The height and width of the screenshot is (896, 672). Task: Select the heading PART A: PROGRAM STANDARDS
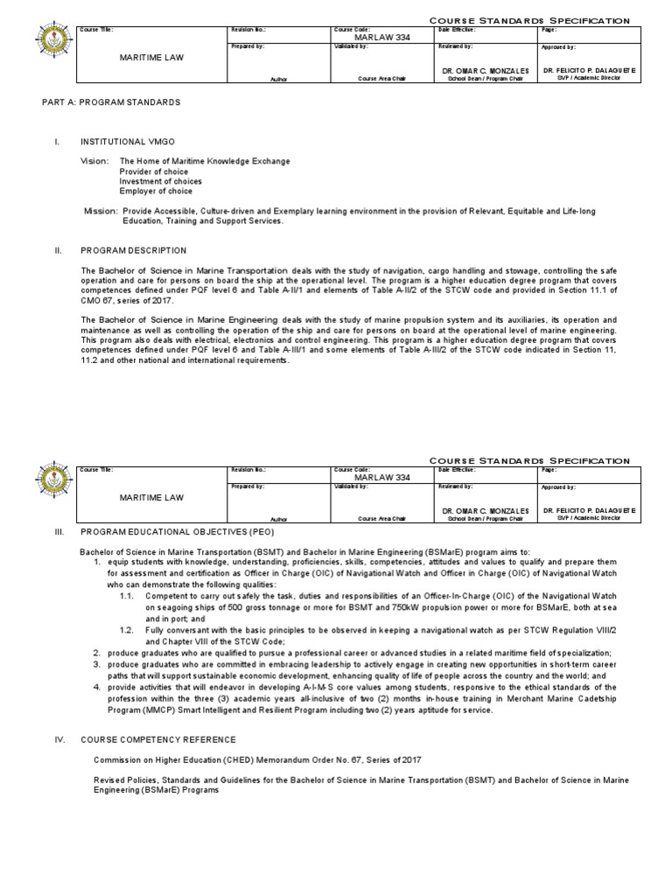(111, 102)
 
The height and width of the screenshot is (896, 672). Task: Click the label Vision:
(96, 162)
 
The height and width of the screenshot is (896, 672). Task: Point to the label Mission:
(101, 212)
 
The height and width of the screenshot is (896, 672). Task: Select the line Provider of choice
(154, 171)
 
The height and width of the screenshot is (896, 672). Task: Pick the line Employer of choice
(156, 192)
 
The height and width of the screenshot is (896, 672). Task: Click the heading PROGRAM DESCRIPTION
(133, 250)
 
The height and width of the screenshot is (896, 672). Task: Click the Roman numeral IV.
(60, 739)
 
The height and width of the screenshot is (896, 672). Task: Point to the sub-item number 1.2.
(128, 629)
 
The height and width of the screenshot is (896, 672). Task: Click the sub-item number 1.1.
(128, 595)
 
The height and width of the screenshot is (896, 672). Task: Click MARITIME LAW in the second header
(151, 498)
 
